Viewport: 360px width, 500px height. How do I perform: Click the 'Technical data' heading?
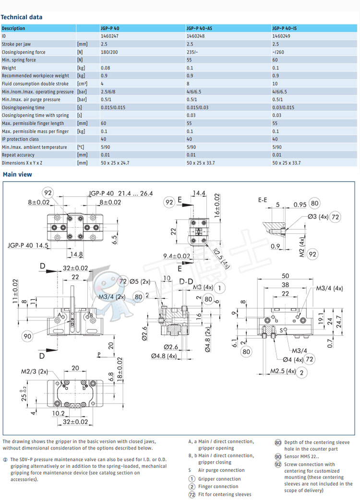22,17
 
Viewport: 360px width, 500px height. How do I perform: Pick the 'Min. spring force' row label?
19,60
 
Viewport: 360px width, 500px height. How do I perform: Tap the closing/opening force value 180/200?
109,52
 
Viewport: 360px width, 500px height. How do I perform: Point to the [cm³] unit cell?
83,84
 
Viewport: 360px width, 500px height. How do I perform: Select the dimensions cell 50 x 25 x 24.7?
115,163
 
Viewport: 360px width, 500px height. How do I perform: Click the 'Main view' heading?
17,174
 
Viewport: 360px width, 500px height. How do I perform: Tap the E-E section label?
263,199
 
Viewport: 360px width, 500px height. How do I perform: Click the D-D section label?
186,280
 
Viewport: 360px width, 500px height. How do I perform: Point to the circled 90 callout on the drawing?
27,336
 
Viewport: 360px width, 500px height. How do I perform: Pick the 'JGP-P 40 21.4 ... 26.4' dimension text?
120,193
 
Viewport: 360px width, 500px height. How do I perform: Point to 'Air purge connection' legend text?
221,470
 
